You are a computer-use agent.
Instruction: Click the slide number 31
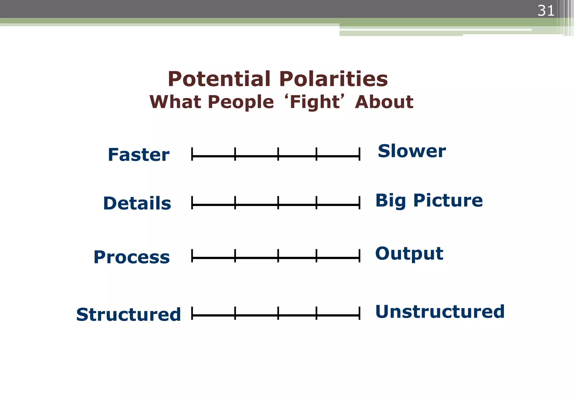(545, 11)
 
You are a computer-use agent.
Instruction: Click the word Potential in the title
(219, 79)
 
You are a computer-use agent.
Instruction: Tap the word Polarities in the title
(334, 79)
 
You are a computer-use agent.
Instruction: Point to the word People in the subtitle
(241, 102)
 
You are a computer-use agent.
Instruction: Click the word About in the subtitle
(384, 102)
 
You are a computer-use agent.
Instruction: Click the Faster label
(138, 155)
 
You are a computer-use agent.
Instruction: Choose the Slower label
(411, 151)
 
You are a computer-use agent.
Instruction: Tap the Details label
(137, 203)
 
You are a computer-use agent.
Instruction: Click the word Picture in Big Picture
(448, 200)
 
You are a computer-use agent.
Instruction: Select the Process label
(131, 257)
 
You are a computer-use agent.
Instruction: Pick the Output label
(409, 253)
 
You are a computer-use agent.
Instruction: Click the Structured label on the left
(128, 314)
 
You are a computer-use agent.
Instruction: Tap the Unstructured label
(440, 312)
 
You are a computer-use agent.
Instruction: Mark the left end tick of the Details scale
(192, 203)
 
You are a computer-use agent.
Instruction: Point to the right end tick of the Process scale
(359, 256)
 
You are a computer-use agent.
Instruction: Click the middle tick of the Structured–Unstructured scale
(278, 313)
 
